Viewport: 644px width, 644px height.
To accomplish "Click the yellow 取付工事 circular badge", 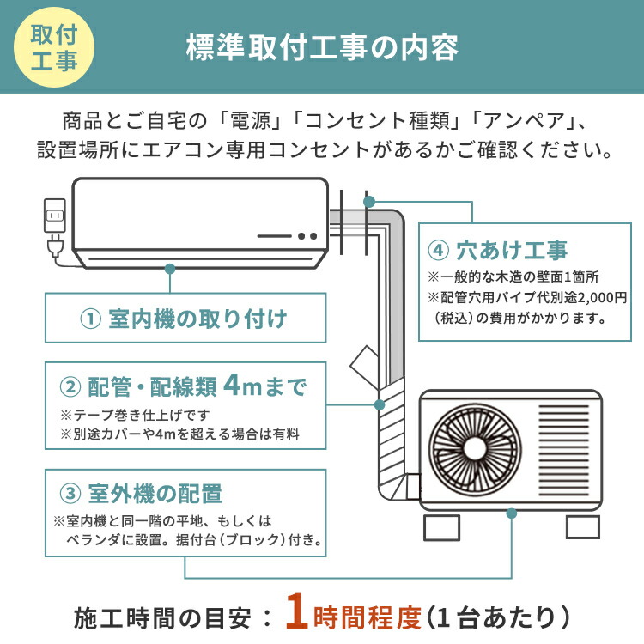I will tap(53, 48).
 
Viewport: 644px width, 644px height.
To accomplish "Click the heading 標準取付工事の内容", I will tap(322, 48).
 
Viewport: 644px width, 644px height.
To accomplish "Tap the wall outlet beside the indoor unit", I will tap(54, 215).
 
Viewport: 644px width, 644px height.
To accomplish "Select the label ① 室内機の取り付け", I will tap(184, 319).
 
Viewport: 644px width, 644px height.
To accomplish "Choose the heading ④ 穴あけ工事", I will tap(498, 252).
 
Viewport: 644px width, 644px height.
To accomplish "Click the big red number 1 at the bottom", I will tap(296, 615).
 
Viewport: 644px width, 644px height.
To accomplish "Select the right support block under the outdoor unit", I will tap(583, 524).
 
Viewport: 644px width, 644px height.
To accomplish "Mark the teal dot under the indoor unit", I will tap(170, 267).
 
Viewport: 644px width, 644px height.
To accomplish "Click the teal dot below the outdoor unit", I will tap(512, 513).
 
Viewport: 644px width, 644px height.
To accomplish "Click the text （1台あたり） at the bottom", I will tap(499, 617).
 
